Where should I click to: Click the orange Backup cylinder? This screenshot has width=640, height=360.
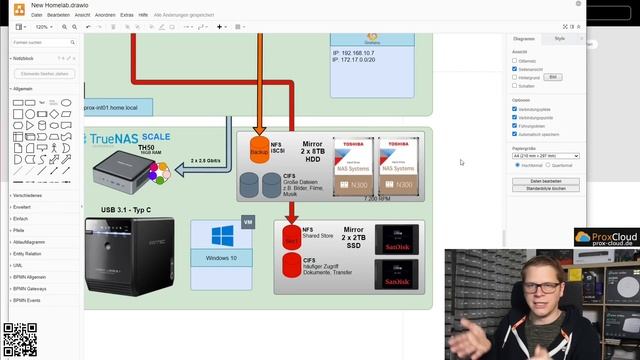coord(259,150)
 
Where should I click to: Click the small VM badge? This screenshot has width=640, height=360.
coord(247,220)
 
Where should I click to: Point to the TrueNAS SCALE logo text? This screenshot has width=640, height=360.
coord(129,138)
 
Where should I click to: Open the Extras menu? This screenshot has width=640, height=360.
coord(127,16)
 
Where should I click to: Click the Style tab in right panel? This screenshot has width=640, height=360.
coord(559,38)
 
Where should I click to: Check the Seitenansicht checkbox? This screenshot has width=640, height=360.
coord(515,68)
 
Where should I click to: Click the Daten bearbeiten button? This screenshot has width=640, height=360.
coord(545,180)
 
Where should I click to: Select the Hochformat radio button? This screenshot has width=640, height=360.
coord(516,165)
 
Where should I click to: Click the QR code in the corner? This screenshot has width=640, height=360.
coord(20,340)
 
